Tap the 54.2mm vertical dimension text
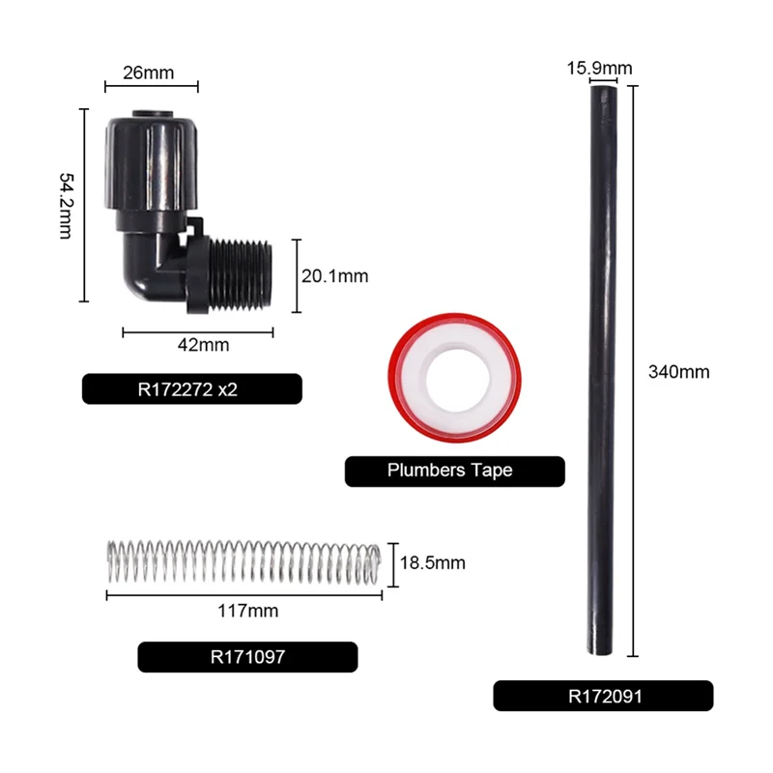pyautogui.click(x=68, y=206)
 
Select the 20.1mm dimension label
pyautogui.click(x=335, y=275)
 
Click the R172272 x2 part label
pyautogui.click(x=192, y=388)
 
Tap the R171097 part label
pyautogui.click(x=247, y=657)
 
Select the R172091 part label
pyautogui.click(x=603, y=696)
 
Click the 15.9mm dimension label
pyautogui.click(x=599, y=68)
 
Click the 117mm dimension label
pyautogui.click(x=248, y=611)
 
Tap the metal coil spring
pyautogui.click(x=242, y=562)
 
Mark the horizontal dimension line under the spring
pyautogui.click(x=243, y=594)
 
